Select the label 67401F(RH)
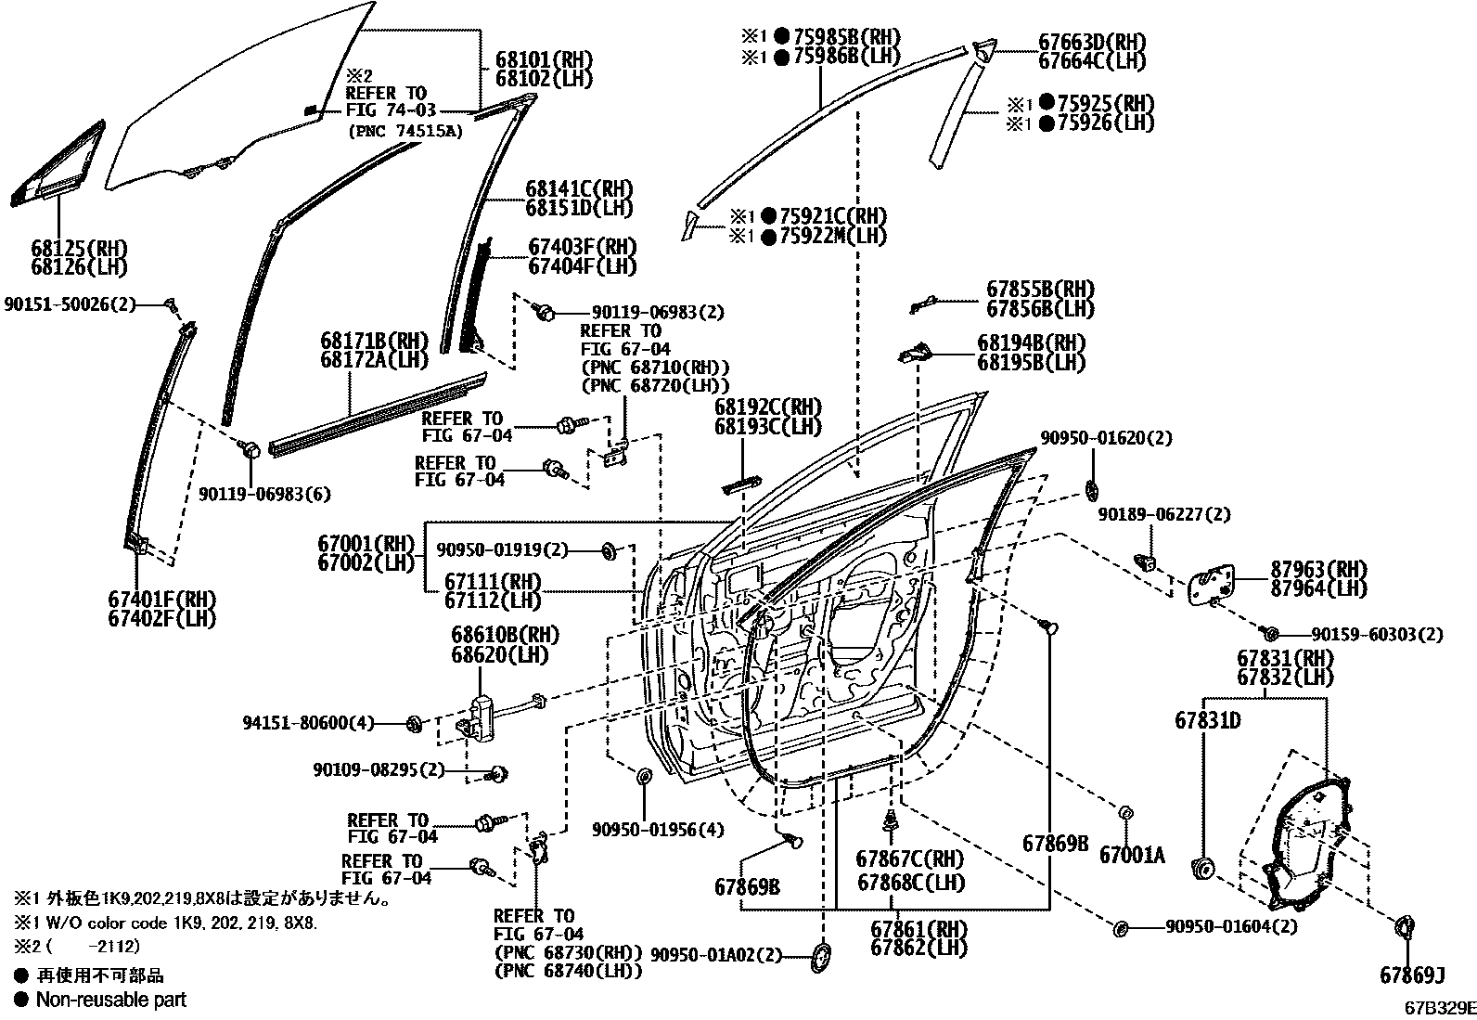tap(161, 600)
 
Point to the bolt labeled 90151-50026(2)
tap(171, 303)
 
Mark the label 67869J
tap(1412, 975)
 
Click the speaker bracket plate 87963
tap(1212, 584)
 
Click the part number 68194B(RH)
tap(1031, 343)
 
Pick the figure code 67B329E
tap(1438, 1008)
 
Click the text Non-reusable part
tap(110, 1000)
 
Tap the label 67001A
tap(1131, 855)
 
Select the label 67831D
tap(1208, 720)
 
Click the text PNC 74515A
tap(405, 131)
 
